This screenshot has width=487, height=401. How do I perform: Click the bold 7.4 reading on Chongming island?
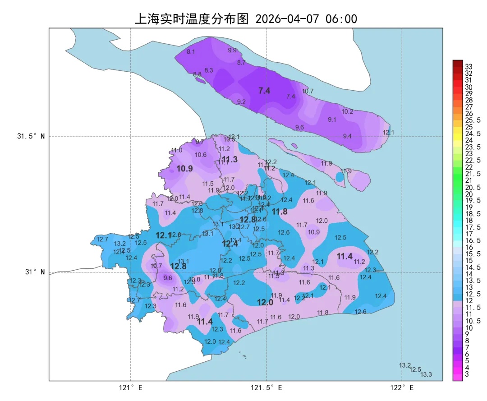(264, 91)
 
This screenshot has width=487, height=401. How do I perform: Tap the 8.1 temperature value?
(191, 52)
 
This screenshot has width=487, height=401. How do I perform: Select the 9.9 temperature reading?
(232, 50)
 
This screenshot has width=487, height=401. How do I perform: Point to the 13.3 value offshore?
(426, 374)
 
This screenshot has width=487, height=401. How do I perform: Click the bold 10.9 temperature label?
(184, 169)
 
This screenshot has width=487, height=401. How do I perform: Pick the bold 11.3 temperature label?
(230, 159)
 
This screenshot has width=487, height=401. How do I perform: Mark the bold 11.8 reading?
(279, 212)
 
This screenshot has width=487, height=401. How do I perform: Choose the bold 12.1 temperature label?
(164, 235)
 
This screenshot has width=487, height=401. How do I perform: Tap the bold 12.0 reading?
(265, 302)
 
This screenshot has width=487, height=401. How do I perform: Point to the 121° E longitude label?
(131, 388)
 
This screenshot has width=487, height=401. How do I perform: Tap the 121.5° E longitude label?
(266, 388)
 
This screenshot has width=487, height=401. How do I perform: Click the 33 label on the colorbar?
(469, 67)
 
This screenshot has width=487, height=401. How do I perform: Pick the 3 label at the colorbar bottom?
(467, 374)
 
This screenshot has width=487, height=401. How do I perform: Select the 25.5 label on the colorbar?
(473, 120)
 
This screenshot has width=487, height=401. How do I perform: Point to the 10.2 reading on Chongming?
(347, 111)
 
